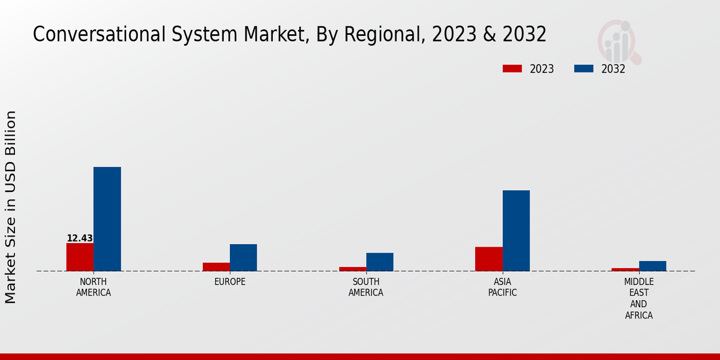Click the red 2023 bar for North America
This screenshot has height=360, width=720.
click(x=80, y=257)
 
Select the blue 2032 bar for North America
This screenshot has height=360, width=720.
click(x=107, y=219)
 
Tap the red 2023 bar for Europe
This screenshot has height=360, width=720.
click(x=216, y=267)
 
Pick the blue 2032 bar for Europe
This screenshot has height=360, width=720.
click(x=243, y=257)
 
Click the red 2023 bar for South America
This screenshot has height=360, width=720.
click(x=352, y=269)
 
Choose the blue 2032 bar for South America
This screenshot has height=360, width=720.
click(x=380, y=262)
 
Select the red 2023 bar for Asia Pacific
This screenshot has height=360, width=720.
click(x=488, y=259)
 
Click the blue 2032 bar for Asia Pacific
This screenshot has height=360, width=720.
click(x=516, y=230)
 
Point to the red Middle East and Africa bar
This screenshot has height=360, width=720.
click(x=625, y=269)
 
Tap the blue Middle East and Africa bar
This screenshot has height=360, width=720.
click(x=652, y=266)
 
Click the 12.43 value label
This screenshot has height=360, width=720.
click(x=80, y=238)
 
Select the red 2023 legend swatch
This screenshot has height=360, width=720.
click(x=512, y=68)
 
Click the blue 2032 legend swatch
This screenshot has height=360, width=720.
click(x=583, y=68)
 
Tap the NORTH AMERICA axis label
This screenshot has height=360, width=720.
click(x=94, y=287)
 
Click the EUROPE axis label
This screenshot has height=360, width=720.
click(x=230, y=281)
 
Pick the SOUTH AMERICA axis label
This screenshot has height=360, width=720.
click(x=366, y=287)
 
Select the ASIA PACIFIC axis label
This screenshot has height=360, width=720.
click(x=502, y=287)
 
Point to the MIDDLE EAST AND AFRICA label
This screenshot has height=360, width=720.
click(x=638, y=298)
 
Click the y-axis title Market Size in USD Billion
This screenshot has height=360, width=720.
click(x=11, y=207)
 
